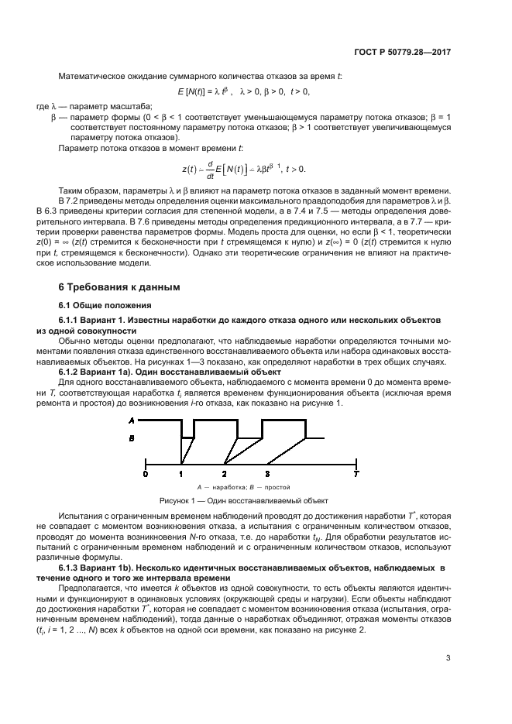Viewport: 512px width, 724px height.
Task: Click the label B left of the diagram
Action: coord(132,439)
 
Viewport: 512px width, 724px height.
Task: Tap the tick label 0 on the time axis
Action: coord(146,472)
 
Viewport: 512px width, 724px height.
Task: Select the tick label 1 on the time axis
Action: coord(180,472)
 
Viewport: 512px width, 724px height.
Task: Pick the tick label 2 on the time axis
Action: coord(224,472)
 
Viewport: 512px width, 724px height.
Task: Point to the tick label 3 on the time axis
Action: coord(267,472)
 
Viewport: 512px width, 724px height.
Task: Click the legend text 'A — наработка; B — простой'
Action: coord(244,487)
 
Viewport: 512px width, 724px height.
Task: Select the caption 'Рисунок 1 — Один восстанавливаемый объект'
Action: coord(244,500)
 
